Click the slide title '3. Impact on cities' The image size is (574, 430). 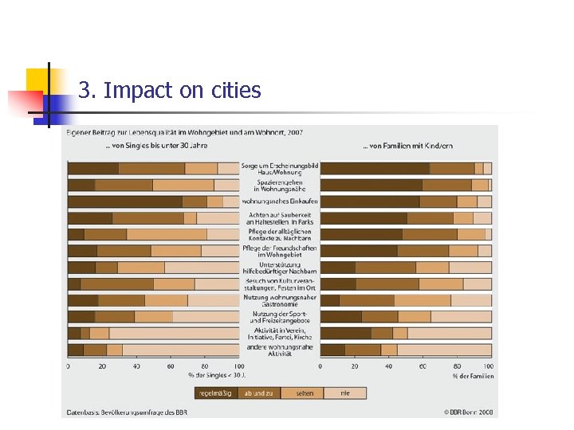[170, 91]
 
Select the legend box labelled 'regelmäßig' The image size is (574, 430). [216, 393]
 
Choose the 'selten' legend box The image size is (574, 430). [304, 393]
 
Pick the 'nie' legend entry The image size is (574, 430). [345, 393]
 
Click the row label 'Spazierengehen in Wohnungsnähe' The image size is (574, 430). [280, 186]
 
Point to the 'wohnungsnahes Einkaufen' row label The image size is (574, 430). [280, 201]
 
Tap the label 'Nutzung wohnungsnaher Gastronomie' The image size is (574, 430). [280, 301]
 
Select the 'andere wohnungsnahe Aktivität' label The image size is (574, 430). [280, 350]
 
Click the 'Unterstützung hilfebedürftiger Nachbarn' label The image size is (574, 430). [280, 268]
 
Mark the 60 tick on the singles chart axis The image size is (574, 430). [171, 366]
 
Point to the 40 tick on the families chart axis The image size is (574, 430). [388, 366]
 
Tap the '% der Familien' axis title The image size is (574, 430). [472, 376]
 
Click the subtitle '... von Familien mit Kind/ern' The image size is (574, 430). [407, 146]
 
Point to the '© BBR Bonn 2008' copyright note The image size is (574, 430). [469, 412]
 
